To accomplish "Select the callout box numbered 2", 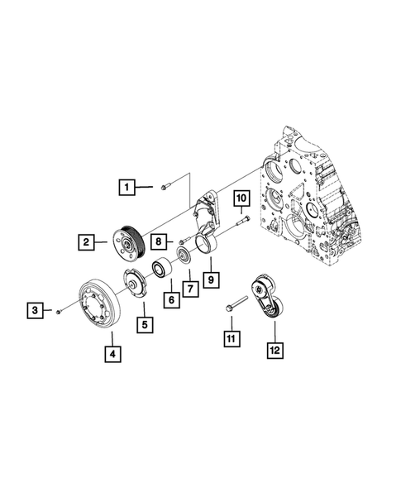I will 86,241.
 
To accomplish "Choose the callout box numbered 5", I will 145,325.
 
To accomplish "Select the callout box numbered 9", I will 211,278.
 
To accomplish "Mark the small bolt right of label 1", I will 165,187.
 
